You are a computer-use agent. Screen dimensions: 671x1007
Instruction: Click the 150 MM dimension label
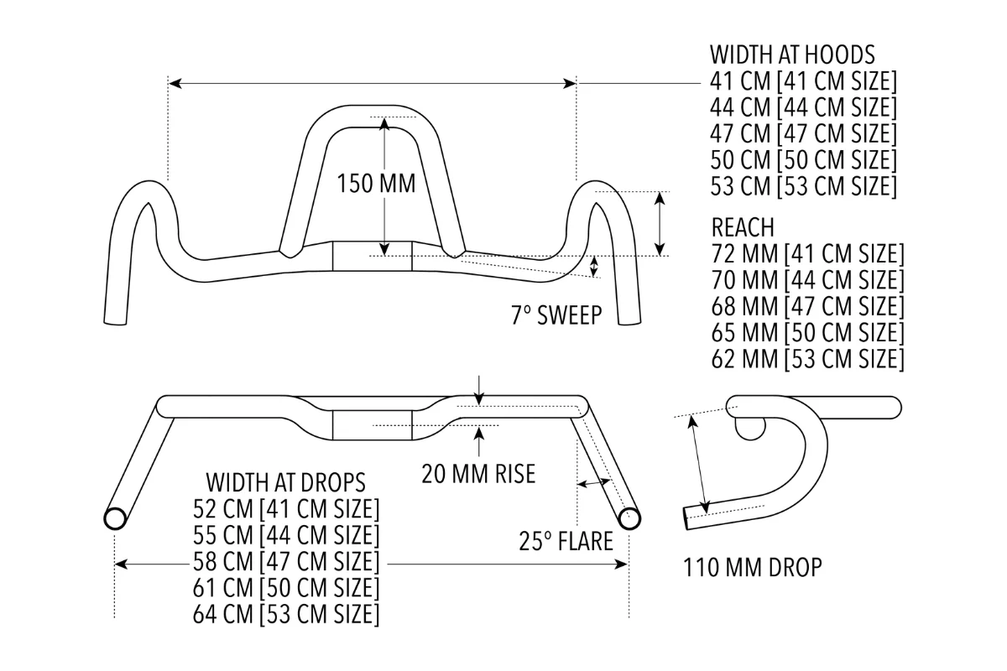tap(376, 184)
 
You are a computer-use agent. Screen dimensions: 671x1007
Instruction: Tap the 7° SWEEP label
tap(556, 315)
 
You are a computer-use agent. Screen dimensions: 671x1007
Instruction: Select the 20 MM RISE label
tap(478, 474)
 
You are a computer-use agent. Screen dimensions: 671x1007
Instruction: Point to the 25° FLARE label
tap(565, 541)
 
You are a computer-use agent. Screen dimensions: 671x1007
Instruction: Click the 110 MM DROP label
tap(752, 568)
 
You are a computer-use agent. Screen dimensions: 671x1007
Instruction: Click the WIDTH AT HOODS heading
tap(792, 55)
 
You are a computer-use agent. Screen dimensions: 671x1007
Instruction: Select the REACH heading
tap(743, 227)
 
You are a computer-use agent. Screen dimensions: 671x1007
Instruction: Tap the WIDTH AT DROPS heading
tap(285, 482)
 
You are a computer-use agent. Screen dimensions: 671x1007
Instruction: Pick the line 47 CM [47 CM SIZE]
tap(803, 133)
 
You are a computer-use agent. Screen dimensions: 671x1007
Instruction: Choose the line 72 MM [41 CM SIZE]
tap(807, 253)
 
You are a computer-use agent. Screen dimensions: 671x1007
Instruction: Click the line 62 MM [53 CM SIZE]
tap(807, 359)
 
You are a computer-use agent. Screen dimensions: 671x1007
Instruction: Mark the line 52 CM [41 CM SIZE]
tap(285, 509)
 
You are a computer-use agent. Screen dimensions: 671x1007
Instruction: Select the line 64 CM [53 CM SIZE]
tap(285, 614)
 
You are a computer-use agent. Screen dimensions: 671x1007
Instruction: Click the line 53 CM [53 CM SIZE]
tap(803, 186)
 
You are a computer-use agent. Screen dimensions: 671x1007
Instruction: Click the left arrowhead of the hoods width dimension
tap(175, 83)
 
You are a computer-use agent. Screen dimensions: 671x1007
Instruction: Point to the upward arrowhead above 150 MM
tap(384, 123)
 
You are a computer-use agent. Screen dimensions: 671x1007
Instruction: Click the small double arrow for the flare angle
tap(593, 483)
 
